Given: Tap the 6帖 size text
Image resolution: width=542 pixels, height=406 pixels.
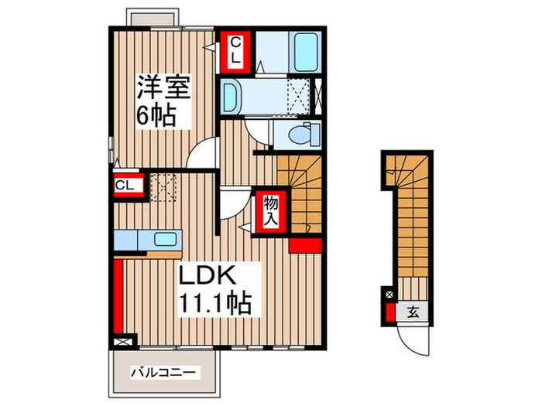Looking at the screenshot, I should point(155,117).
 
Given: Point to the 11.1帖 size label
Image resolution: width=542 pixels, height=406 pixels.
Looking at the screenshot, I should point(216,303).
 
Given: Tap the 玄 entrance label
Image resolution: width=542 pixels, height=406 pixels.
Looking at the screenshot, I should point(413,312).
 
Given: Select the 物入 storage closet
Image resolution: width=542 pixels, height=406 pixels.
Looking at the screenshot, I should point(272,210).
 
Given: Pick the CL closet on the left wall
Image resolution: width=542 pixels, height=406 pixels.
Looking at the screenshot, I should point(125,186).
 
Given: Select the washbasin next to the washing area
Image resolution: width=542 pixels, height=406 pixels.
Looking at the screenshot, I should point(232,96).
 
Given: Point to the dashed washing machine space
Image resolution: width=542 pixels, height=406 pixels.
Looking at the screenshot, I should point(297,96).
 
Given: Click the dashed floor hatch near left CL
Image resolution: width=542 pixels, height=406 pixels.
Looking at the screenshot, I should point(163,186).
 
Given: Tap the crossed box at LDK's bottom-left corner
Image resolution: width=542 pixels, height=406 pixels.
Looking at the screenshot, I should point(122,339).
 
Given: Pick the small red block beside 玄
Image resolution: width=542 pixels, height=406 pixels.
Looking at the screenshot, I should point(389,313).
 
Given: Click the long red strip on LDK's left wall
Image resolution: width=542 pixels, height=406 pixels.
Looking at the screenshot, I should point(118,297).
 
